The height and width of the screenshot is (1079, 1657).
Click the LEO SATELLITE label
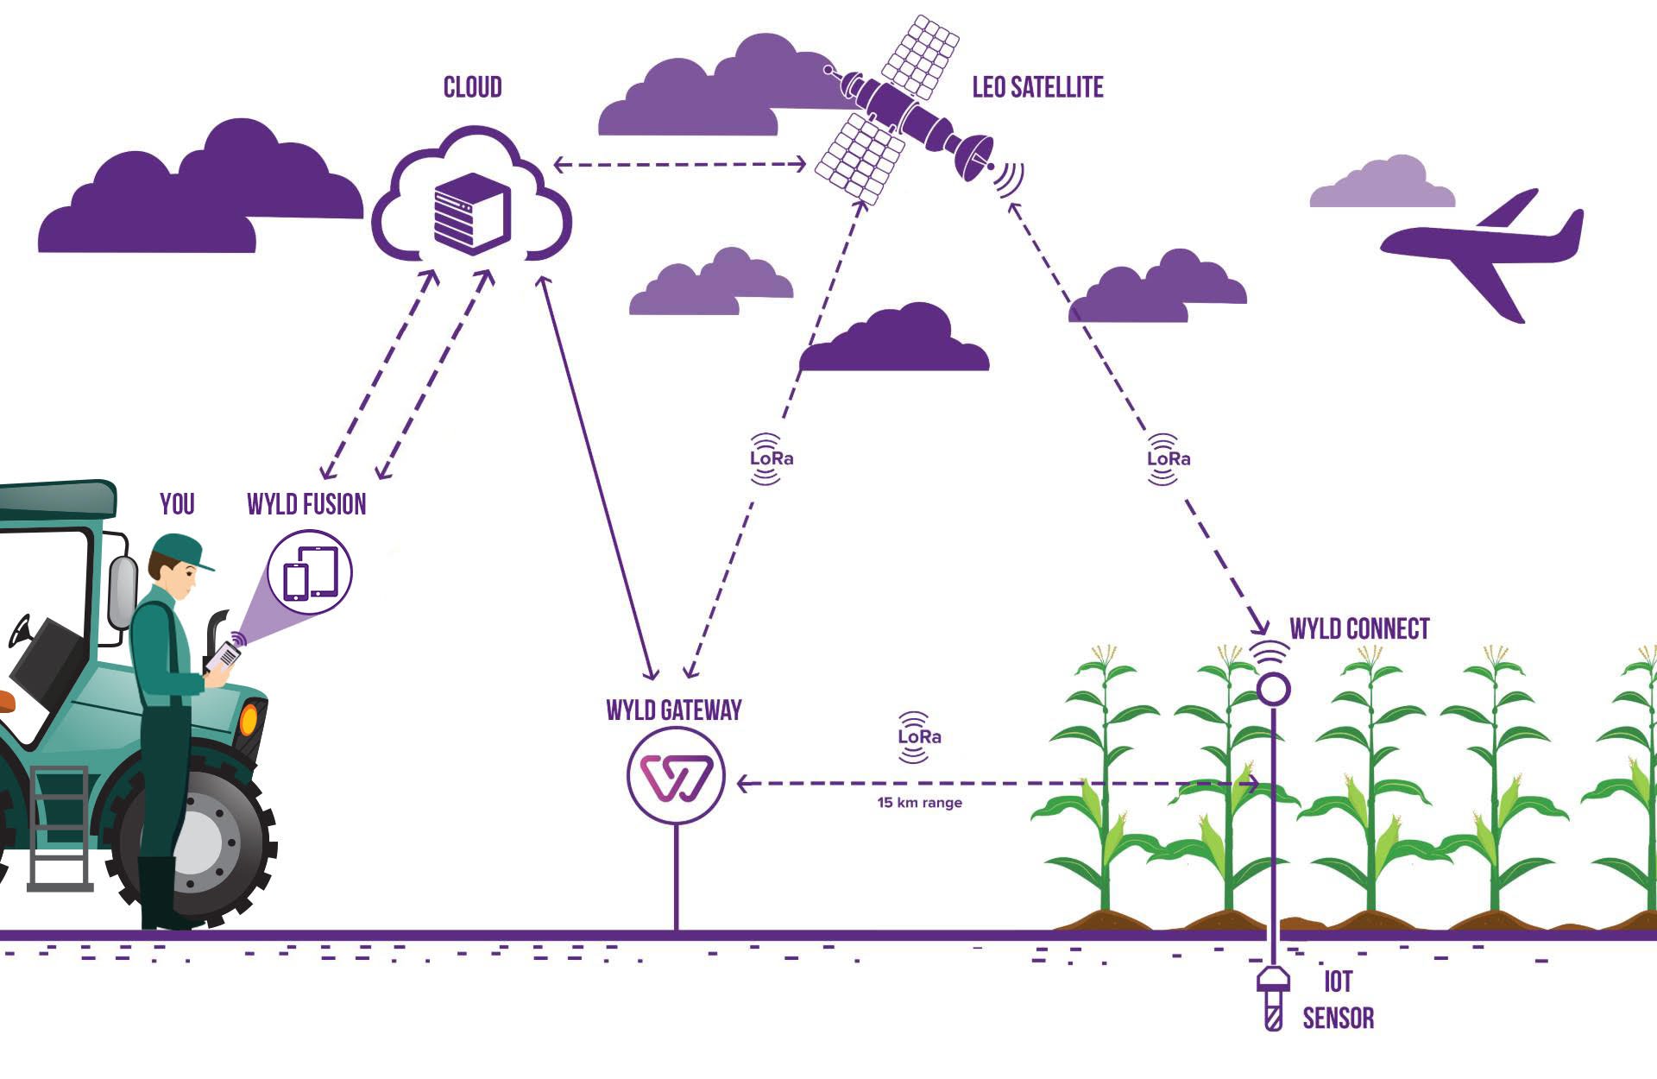tap(1037, 87)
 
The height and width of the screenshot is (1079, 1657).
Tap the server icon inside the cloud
tap(472, 212)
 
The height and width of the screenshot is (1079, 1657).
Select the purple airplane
tap(1483, 252)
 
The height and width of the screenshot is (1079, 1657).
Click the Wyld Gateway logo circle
tap(676, 775)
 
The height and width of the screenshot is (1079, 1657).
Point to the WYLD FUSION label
tap(306, 504)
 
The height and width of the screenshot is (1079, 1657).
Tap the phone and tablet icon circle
tap(310, 571)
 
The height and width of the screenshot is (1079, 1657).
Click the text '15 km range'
tap(919, 803)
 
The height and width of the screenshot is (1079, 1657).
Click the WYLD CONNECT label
tap(1359, 628)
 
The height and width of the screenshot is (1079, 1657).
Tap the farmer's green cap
tap(181, 551)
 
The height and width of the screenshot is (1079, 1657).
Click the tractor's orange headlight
tap(249, 718)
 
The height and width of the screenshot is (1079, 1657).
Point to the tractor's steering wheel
tap(19, 631)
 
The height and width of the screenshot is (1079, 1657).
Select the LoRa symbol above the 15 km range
tap(918, 737)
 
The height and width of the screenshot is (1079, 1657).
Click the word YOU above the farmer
tap(177, 504)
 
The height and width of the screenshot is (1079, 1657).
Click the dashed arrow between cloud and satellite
tap(680, 164)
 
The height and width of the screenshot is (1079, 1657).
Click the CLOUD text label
tap(472, 87)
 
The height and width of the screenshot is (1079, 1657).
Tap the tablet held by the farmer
tap(223, 657)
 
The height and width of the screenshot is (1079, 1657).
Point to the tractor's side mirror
tap(123, 592)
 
